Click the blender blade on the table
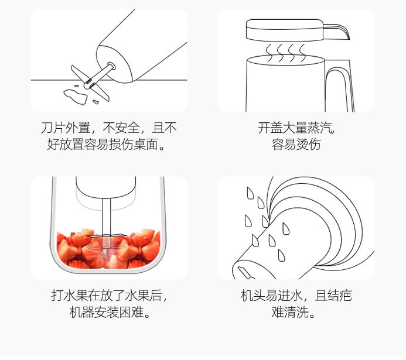tap(88, 79)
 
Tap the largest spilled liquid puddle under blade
tap(71, 92)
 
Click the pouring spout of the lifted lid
tap(339, 29)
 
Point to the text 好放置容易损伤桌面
tap(108, 144)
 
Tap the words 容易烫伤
tap(296, 144)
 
